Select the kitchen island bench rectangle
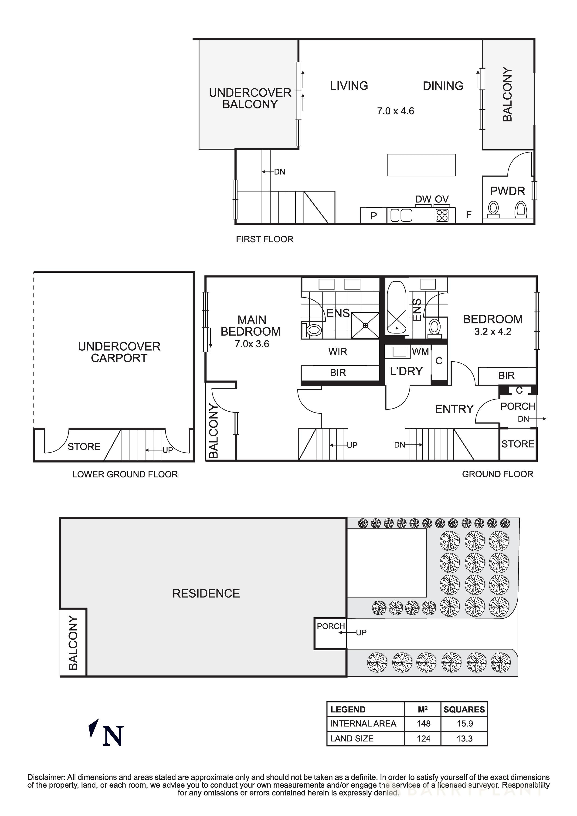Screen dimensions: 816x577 pos(421,165)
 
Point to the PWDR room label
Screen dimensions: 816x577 pos(507,191)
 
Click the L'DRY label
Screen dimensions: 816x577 pos(406,371)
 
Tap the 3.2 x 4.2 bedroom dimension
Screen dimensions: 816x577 pos(493,332)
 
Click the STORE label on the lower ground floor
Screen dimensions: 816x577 pos(84,447)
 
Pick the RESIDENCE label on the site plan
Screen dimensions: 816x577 pos(206,594)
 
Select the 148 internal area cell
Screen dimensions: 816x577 pos(423,724)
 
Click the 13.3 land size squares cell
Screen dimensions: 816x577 pos(464,739)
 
